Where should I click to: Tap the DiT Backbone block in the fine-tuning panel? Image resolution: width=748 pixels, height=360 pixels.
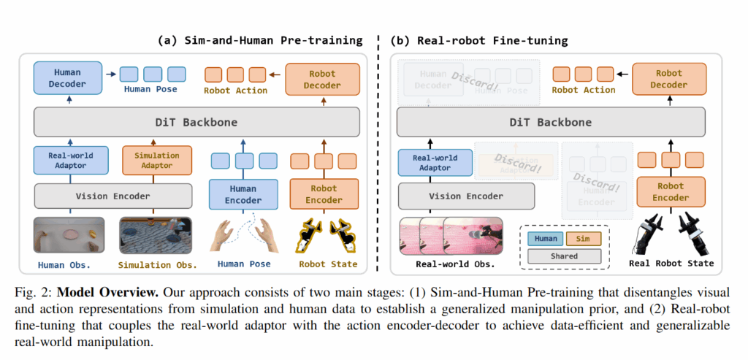click(x=549, y=123)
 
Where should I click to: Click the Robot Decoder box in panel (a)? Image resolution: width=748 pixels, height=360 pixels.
click(x=322, y=79)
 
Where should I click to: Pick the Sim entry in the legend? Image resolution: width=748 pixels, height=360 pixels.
click(x=584, y=238)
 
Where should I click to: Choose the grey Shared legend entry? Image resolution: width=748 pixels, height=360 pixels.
click(x=564, y=256)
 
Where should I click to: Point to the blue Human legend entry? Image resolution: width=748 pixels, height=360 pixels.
click(x=544, y=238)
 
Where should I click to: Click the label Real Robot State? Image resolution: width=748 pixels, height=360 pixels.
click(x=671, y=263)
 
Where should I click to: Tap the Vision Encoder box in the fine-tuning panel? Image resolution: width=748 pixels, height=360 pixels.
click(x=466, y=196)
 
